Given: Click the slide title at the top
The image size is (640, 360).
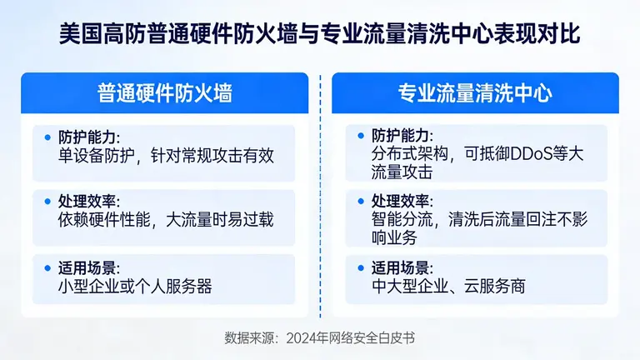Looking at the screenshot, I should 320,36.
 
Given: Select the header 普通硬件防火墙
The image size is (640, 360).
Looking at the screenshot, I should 164,92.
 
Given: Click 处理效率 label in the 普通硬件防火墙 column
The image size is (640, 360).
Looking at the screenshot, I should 88,201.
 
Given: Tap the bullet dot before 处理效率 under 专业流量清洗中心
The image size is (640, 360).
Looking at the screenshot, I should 360,200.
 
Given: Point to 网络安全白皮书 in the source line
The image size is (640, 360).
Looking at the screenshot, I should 372,337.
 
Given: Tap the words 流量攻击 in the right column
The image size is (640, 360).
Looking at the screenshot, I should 401,172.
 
